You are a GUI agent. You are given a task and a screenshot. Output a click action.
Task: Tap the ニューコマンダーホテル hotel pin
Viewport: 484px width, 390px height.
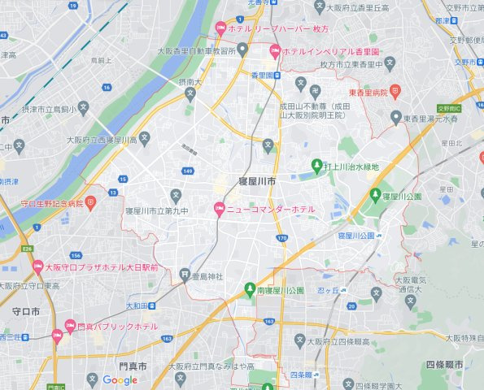click(218, 210)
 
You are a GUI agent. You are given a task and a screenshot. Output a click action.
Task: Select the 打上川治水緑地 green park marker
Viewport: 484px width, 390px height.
click(317, 167)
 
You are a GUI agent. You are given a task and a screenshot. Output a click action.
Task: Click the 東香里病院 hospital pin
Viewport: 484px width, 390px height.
click(395, 91)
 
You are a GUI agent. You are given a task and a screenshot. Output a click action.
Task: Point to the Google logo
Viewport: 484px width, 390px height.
click(120, 379)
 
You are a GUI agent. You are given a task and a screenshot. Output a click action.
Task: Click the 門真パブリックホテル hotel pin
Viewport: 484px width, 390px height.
click(57, 333)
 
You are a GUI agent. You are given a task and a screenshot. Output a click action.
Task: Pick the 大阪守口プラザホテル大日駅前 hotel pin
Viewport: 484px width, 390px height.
click(37, 266)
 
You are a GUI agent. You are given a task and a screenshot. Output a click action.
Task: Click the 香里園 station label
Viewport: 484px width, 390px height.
click(265, 75)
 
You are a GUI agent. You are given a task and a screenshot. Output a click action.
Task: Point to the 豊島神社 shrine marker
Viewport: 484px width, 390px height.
click(185, 275)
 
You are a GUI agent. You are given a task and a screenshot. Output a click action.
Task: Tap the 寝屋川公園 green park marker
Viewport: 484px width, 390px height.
click(376, 196)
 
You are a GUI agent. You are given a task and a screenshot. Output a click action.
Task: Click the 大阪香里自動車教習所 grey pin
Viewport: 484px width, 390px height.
click(241, 50)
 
